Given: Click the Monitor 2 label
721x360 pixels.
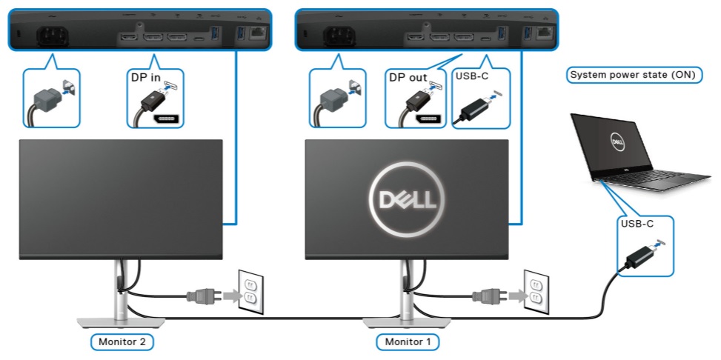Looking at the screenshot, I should pos(122,342).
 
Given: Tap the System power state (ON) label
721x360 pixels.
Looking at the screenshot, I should pos(634,75).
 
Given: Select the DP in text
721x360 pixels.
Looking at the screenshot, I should pos(147,77).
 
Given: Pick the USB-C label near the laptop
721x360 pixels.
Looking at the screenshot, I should pos(635,223).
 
